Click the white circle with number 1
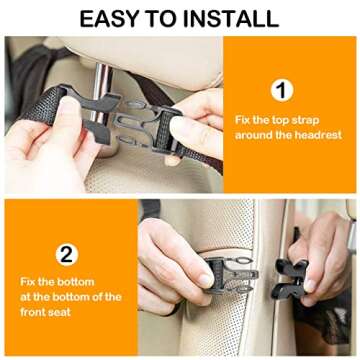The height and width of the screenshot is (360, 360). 283,91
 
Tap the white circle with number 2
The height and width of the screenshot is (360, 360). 66,253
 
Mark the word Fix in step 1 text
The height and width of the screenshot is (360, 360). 246,119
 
